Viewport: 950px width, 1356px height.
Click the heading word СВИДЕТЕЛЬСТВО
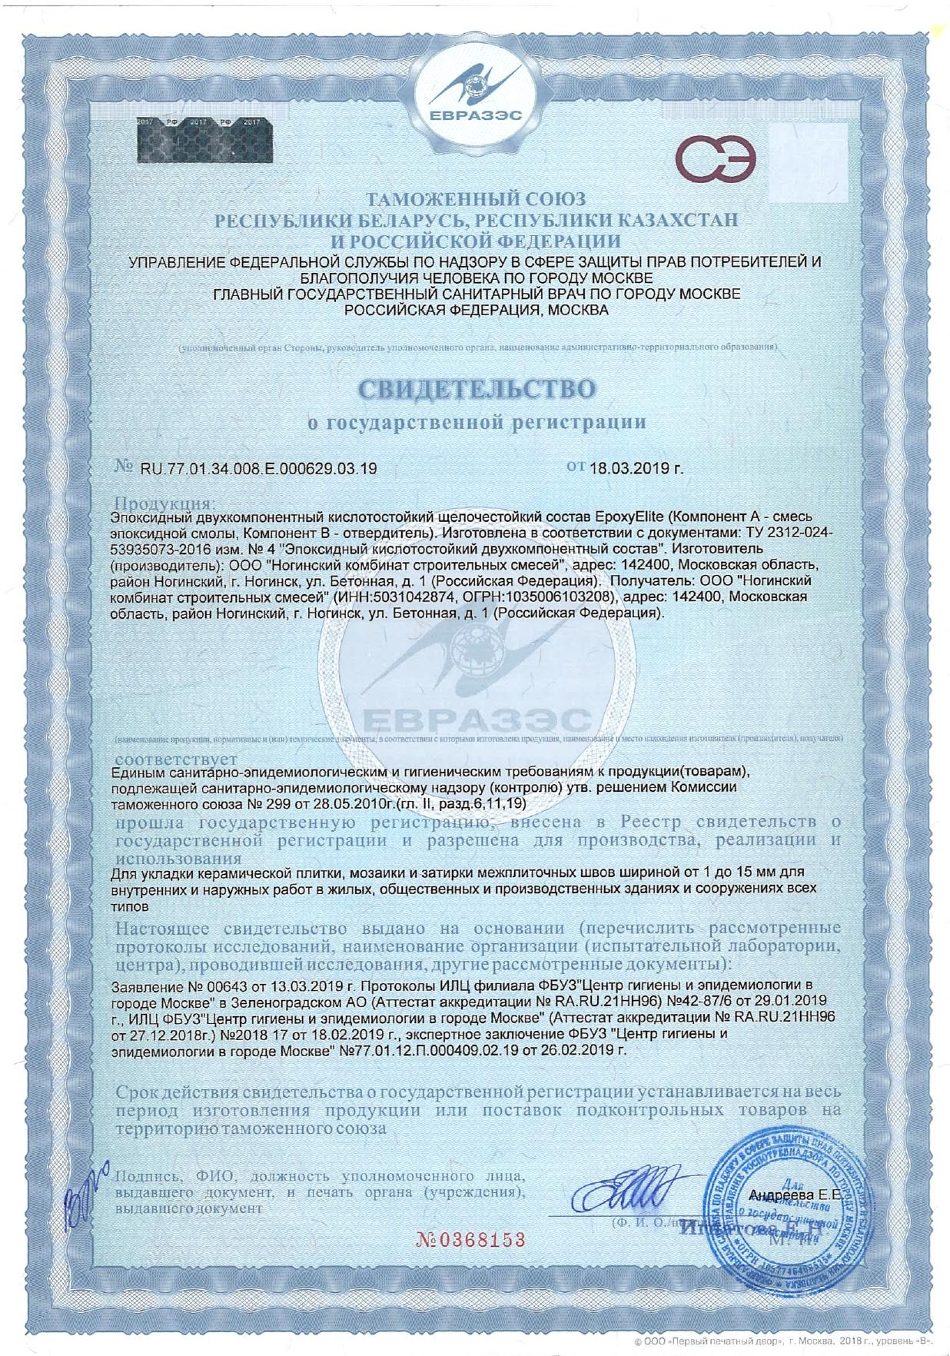coord(477,389)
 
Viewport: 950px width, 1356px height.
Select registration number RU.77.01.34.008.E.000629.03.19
coord(258,468)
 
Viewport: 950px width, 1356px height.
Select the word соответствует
coord(176,759)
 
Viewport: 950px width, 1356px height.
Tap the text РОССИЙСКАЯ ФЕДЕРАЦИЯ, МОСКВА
coord(476,311)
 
